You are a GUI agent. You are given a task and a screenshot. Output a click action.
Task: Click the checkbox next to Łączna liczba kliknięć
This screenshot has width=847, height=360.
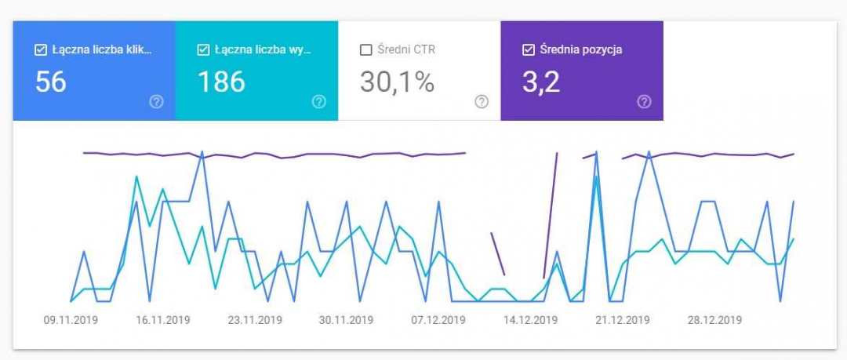coord(41,50)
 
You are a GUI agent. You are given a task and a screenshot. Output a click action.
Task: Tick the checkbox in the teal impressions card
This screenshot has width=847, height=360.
coord(203,50)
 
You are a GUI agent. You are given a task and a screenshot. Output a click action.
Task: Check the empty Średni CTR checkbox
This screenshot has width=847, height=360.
coord(365,50)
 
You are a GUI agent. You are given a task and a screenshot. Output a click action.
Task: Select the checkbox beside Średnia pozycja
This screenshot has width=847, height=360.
coord(528,50)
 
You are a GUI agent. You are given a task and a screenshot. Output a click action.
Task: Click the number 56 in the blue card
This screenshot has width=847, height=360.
coord(51,82)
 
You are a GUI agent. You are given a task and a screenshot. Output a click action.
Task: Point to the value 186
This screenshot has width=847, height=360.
coord(221,82)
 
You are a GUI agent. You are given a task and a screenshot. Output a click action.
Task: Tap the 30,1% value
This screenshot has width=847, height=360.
coord(397,82)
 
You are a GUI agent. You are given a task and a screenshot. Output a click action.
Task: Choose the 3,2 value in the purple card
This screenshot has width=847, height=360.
coord(541,82)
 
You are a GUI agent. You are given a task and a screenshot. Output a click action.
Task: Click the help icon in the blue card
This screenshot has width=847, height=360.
coord(156,102)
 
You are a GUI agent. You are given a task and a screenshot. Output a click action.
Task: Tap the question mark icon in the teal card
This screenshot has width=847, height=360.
coord(318,102)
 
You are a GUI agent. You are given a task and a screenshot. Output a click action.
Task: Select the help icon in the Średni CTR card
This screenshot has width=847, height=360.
coord(482,102)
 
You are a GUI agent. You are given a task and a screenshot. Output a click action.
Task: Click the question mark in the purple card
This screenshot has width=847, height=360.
coord(644,102)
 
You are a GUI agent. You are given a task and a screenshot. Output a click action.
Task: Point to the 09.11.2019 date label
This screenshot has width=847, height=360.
coord(71,320)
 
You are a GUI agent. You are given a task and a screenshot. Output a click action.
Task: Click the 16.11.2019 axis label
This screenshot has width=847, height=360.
coord(163,320)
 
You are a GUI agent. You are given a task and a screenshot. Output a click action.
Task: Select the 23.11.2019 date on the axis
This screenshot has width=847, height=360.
coord(255,320)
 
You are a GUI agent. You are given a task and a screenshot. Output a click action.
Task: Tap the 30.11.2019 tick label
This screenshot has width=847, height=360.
coord(347,320)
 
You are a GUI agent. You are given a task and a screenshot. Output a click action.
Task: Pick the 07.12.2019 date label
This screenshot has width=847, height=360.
coord(438,320)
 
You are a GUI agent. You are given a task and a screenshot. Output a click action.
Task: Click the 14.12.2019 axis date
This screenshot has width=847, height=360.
coord(530,320)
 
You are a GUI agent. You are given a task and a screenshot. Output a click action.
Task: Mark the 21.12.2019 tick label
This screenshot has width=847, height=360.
coord(622,320)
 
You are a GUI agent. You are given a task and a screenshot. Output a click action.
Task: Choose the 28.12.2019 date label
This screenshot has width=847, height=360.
coord(714,320)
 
